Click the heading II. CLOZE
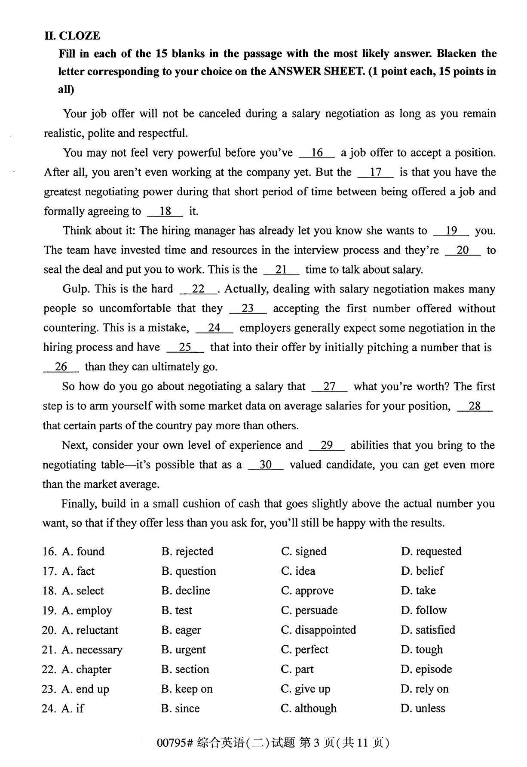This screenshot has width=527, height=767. (x=72, y=36)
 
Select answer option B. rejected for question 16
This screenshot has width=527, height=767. (x=187, y=551)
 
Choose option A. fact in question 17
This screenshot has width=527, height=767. (x=78, y=571)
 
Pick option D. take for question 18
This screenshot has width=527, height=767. (x=418, y=591)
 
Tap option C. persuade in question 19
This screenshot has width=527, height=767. (x=309, y=610)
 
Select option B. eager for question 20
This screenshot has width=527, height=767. (x=181, y=630)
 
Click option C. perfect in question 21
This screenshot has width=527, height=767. (x=304, y=650)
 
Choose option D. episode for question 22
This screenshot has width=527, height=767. (x=426, y=669)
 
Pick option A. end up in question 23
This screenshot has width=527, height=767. (x=85, y=689)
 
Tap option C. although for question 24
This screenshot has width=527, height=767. (x=309, y=708)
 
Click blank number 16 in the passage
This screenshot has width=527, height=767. (x=317, y=153)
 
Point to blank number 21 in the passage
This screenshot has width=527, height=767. (x=281, y=270)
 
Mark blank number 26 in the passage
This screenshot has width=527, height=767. (x=61, y=367)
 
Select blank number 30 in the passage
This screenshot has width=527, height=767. (x=266, y=465)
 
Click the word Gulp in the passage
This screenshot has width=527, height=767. (x=75, y=289)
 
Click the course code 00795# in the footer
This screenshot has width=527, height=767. (x=174, y=743)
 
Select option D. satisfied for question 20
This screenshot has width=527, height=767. (x=428, y=630)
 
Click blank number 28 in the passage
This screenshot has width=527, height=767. (x=475, y=406)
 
